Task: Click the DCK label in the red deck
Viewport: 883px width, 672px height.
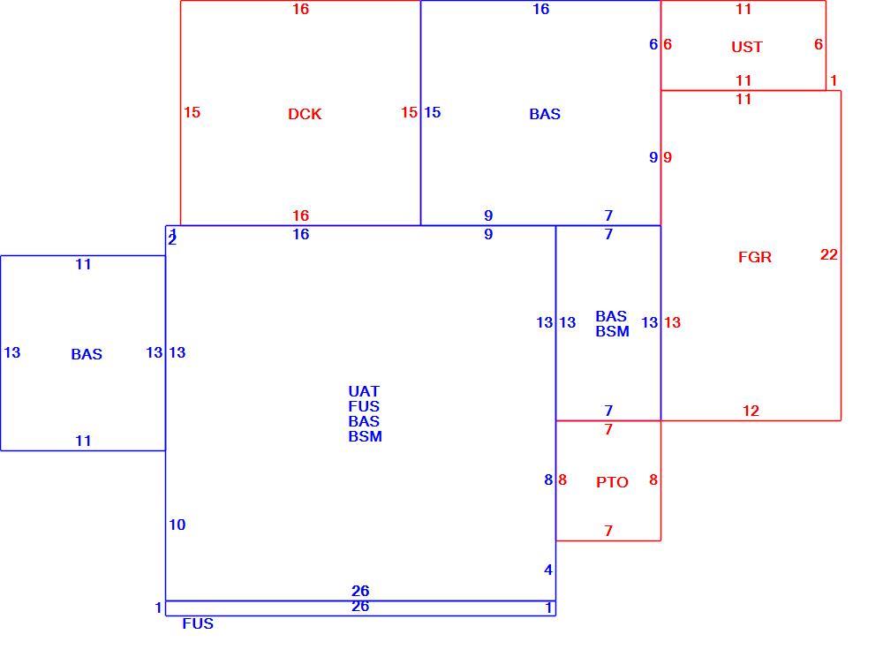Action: click(305, 114)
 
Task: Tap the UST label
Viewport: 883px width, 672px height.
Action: click(747, 47)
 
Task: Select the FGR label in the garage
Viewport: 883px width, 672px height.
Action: click(755, 257)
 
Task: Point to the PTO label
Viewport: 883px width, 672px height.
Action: click(612, 482)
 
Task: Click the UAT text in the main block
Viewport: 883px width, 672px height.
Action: click(364, 391)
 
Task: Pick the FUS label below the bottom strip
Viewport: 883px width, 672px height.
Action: click(198, 623)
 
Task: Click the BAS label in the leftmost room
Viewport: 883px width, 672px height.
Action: click(87, 354)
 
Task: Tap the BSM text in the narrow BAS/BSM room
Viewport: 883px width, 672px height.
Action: click(612, 331)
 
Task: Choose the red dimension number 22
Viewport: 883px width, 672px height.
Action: click(829, 254)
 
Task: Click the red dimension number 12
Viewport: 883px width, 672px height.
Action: click(751, 411)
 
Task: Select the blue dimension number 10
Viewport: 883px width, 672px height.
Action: click(177, 525)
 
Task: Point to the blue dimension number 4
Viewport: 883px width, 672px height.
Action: click(548, 570)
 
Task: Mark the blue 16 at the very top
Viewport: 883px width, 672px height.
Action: click(540, 9)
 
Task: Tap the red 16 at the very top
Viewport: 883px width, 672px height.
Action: click(300, 9)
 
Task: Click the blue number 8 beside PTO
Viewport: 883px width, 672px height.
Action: click(548, 479)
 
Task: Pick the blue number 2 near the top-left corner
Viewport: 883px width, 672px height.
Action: click(172, 240)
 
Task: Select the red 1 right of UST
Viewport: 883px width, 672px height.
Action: click(834, 80)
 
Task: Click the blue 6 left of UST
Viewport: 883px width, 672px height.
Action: click(653, 44)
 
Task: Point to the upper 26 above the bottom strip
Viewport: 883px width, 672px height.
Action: click(360, 591)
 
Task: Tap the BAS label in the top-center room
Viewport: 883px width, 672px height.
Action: click(545, 114)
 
